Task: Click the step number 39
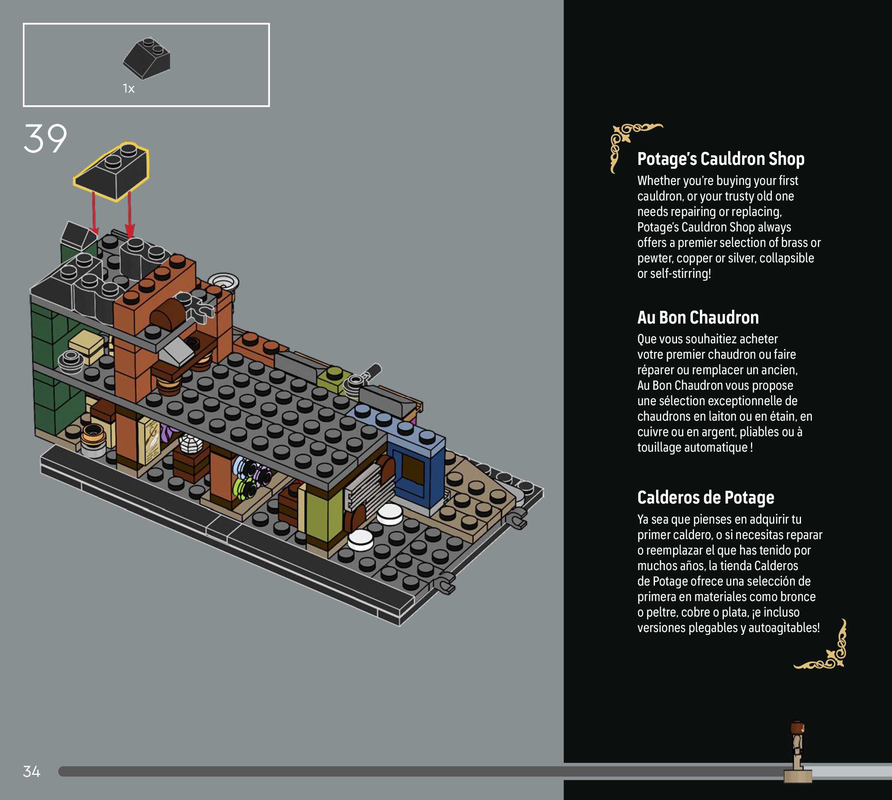[45, 139]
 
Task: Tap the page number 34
[31, 771]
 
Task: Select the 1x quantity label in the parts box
[129, 89]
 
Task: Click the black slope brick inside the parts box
[147, 58]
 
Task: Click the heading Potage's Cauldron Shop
[720, 159]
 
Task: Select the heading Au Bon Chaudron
[698, 317]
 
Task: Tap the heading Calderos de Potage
[706, 498]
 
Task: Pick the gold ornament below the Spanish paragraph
[827, 651]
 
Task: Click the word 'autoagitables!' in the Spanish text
[784, 628]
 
